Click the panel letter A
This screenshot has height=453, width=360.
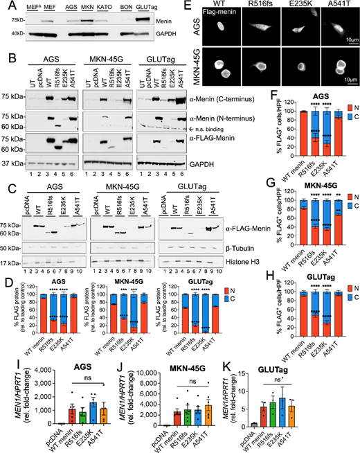[5, 6]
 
